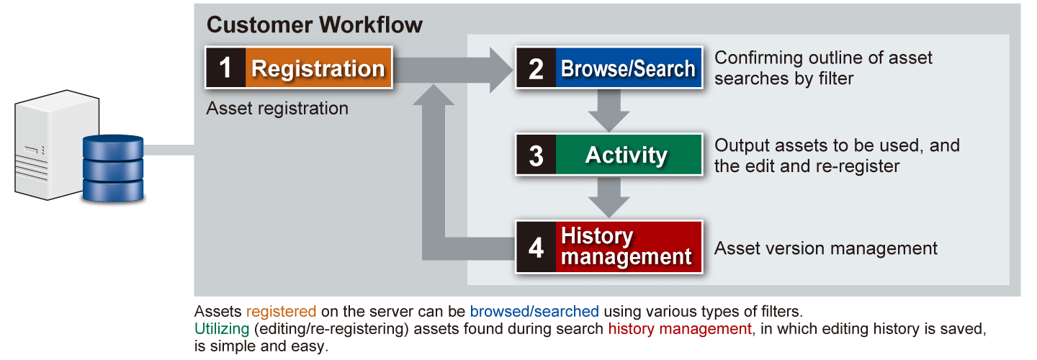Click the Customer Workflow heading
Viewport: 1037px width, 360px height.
click(315, 24)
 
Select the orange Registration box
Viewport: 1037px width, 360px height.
click(318, 68)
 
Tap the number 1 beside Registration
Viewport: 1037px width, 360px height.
click(225, 68)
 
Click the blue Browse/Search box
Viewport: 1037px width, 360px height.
click(628, 68)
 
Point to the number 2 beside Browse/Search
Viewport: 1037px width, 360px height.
click(536, 68)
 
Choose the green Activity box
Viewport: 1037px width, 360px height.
click(628, 155)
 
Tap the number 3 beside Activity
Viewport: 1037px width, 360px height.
click(536, 155)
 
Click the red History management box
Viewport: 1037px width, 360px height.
click(628, 247)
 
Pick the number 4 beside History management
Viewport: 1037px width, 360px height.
click(536, 247)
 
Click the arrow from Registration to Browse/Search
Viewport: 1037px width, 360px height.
click(461, 68)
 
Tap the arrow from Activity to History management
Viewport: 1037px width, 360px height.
click(609, 197)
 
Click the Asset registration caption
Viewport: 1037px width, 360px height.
click(277, 109)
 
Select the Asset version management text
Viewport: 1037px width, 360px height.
click(825, 249)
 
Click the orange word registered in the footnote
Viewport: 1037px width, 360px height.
click(281, 312)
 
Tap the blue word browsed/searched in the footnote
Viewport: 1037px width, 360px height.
click(534, 312)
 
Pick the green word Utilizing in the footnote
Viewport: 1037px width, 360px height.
click(220, 329)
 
